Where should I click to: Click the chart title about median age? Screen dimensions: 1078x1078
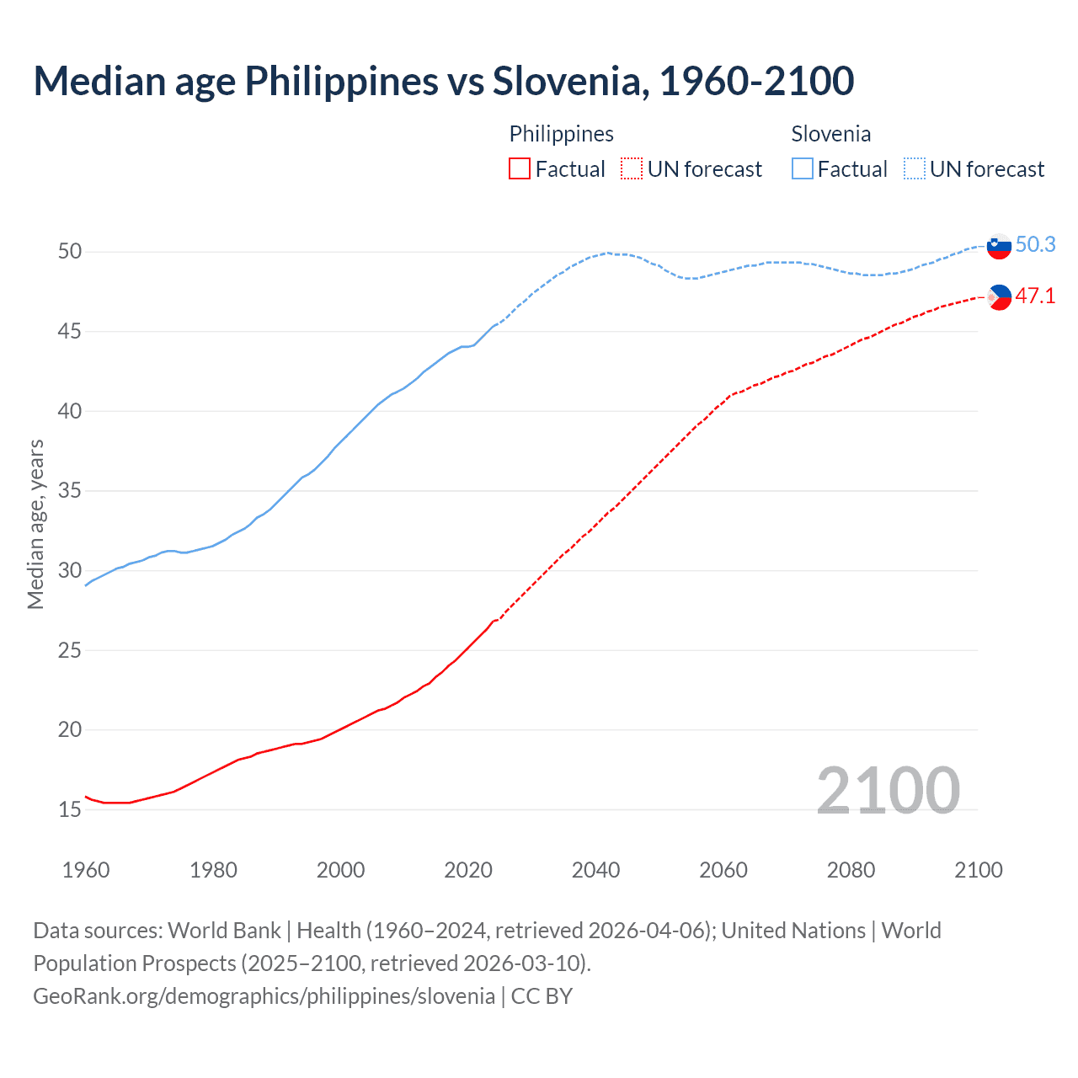point(444,81)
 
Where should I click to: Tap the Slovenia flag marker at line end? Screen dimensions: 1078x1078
point(999,247)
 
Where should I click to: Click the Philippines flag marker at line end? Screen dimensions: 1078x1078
point(999,297)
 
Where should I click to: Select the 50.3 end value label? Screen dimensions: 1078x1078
point(1035,245)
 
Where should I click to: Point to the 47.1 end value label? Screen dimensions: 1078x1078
point(1035,296)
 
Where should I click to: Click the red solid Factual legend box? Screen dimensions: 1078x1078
point(520,169)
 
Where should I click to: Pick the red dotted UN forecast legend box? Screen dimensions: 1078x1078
point(632,169)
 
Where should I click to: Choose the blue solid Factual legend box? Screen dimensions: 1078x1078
point(803,169)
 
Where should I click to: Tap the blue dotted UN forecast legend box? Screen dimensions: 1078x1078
point(915,169)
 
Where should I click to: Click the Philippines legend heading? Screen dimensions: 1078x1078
point(562,134)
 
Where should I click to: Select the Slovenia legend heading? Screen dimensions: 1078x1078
point(831,134)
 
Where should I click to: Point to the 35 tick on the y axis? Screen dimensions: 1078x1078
point(69,491)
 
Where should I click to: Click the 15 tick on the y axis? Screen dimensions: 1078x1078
point(69,810)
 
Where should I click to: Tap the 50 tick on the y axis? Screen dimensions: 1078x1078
point(69,252)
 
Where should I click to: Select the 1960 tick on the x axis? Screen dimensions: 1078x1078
point(86,870)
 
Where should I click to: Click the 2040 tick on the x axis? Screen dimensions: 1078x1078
point(595,870)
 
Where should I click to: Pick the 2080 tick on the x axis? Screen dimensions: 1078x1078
point(851,870)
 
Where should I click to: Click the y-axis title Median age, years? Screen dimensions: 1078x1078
point(35,524)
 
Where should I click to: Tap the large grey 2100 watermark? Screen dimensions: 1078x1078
point(889,790)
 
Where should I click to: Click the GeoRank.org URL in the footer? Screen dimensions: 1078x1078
point(264,996)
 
